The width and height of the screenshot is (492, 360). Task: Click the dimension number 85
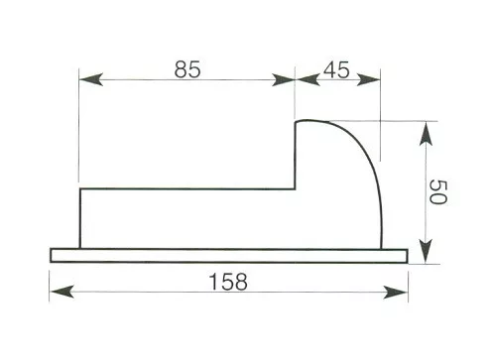click(187, 69)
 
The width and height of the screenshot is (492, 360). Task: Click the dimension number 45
click(336, 69)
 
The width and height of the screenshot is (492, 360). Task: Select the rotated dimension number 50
click(438, 191)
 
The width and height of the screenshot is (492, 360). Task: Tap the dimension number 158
click(228, 282)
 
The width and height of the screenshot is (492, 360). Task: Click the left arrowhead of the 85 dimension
click(91, 79)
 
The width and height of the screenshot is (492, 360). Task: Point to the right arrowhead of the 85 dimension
click(283, 79)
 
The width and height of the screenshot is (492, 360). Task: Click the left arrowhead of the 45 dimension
click(307, 79)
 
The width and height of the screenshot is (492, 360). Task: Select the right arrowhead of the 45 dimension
click(369, 79)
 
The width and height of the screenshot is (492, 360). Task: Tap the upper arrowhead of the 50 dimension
click(426, 134)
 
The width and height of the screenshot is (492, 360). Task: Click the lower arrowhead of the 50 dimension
click(426, 252)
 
